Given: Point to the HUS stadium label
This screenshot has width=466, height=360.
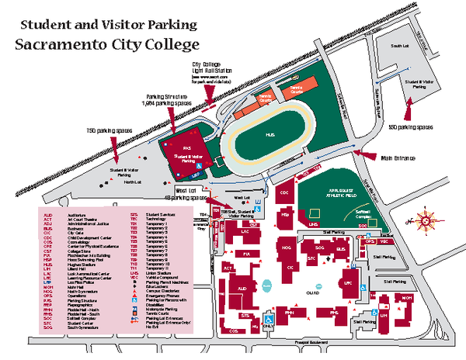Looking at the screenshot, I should click(270, 135).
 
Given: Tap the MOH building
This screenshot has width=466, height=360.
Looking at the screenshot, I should click(407, 298).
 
